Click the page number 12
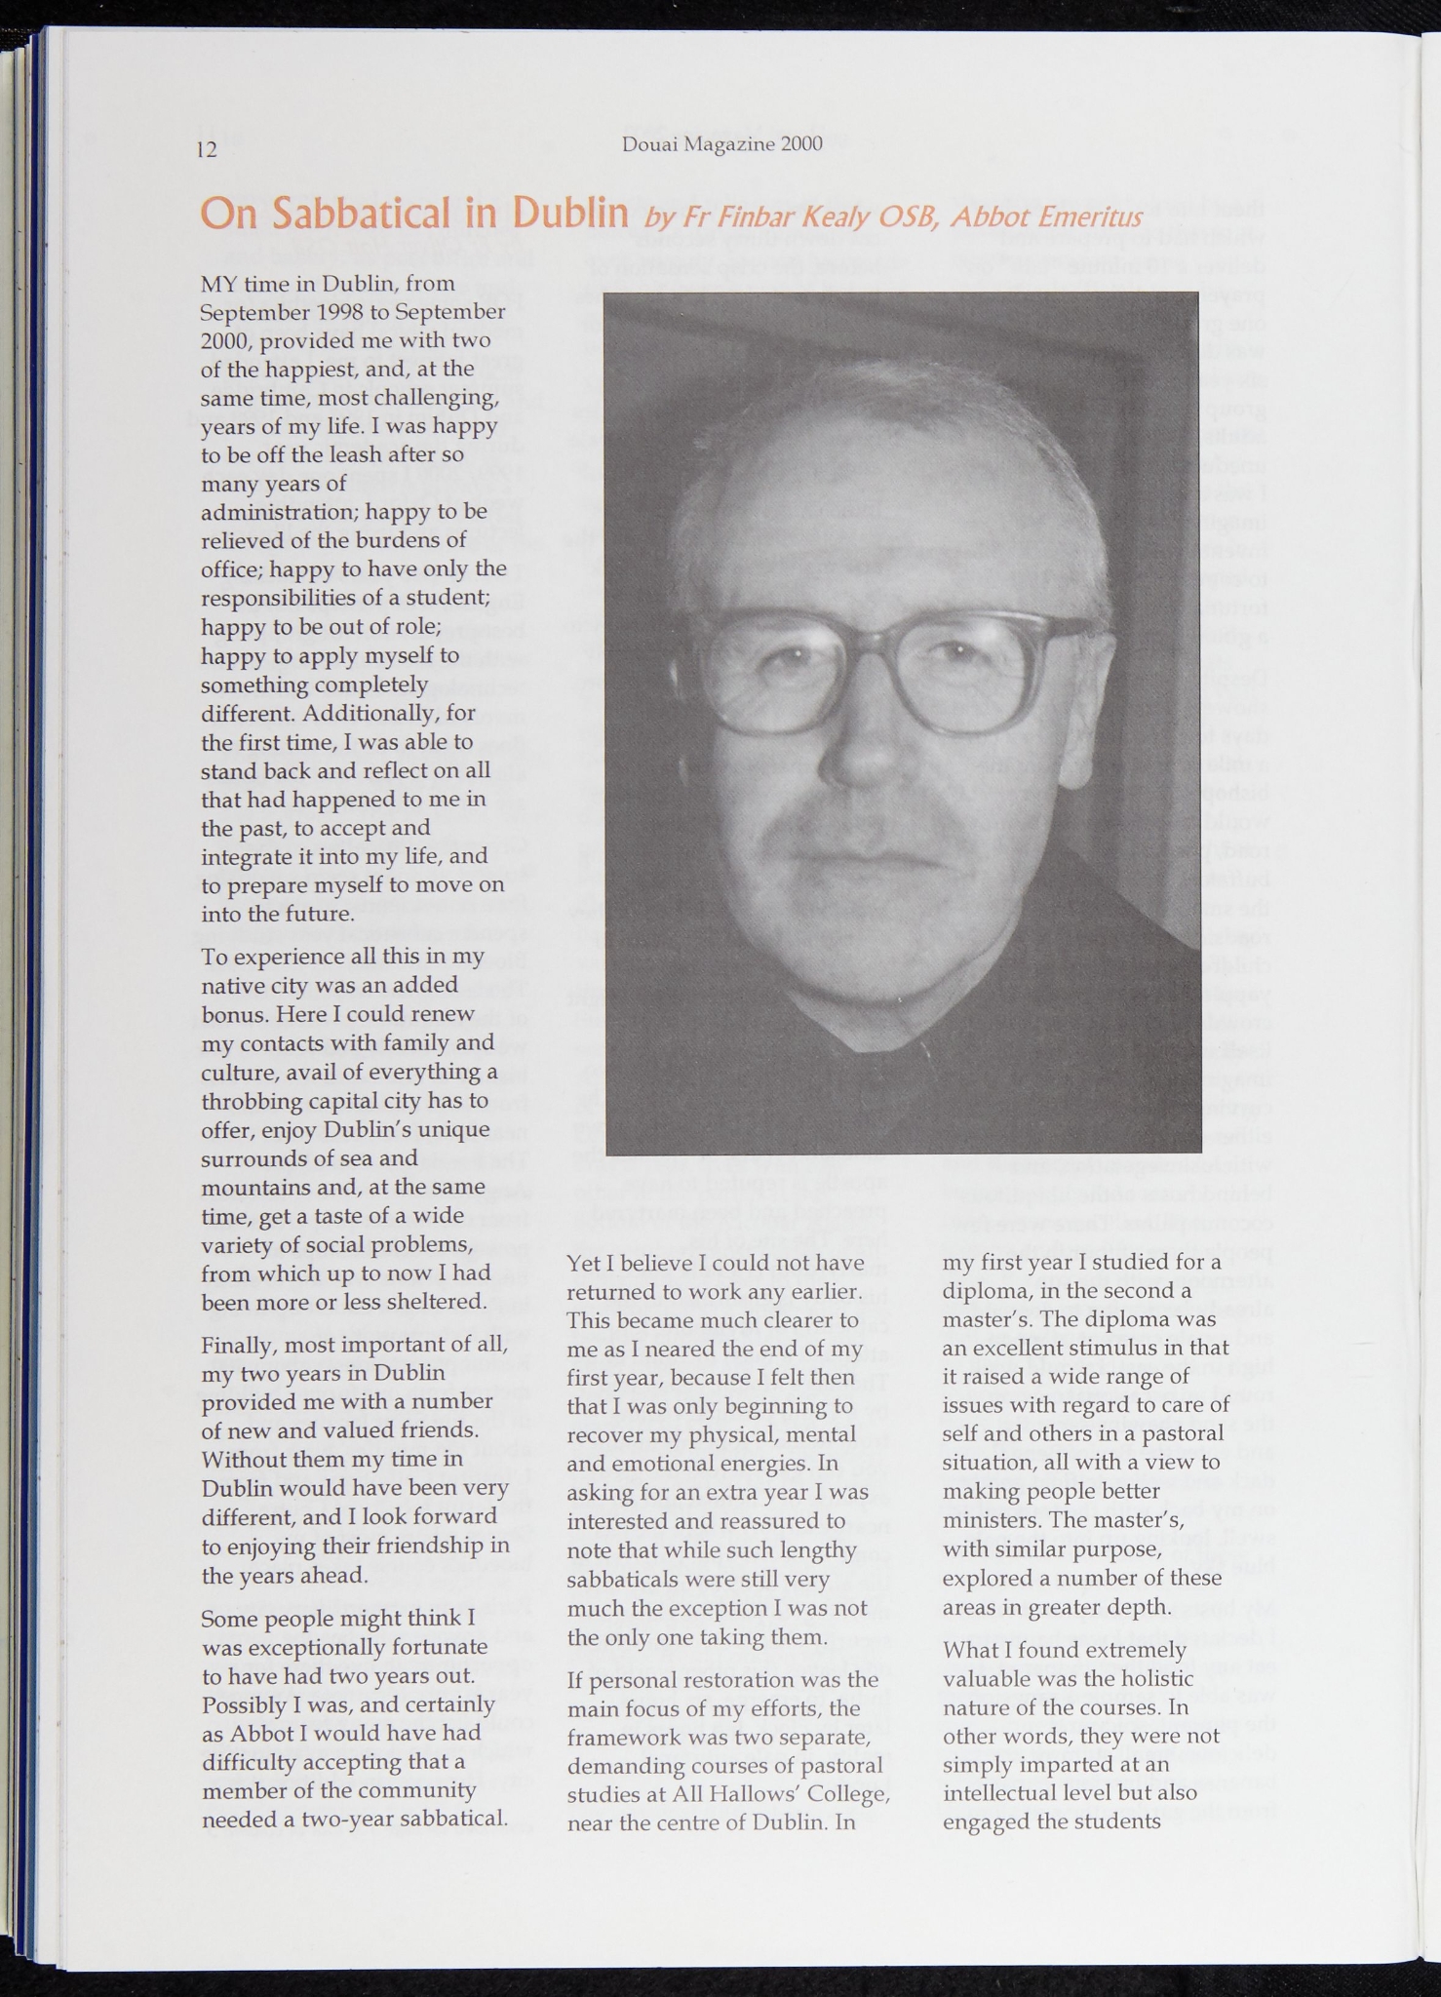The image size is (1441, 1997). coord(207,150)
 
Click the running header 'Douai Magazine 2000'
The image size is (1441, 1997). coord(721,144)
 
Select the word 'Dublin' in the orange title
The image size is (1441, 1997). coord(570,214)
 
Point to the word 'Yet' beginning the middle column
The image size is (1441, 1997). coord(583,1264)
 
